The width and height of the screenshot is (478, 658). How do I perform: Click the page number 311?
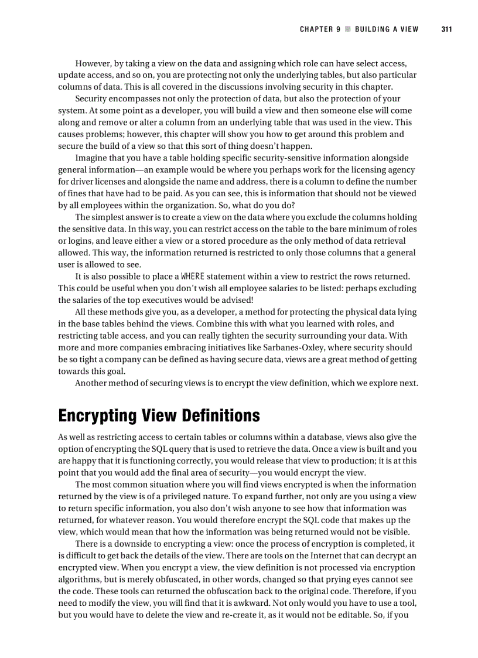coord(447,29)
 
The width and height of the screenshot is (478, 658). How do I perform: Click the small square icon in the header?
coord(348,29)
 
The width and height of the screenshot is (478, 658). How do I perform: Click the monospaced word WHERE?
coord(193,276)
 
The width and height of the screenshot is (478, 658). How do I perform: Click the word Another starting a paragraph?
coord(94,383)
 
